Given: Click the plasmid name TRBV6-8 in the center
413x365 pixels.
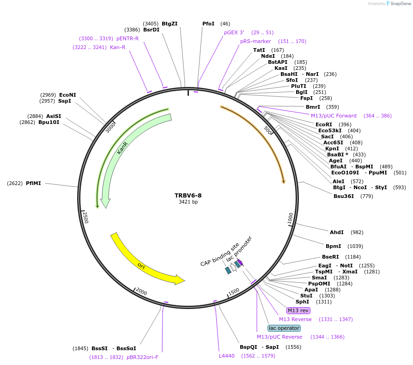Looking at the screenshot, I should [188, 195].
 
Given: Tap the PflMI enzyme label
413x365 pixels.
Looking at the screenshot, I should [33, 183].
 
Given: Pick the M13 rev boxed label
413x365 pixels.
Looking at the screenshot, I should [298, 310].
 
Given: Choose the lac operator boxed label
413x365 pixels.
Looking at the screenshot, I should [284, 328].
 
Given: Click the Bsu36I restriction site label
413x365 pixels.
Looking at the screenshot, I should [344, 196].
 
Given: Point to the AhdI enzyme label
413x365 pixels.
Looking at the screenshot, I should [336, 232].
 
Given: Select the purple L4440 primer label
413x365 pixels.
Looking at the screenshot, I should [227, 356].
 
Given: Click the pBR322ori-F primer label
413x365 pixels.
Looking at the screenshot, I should [142, 357].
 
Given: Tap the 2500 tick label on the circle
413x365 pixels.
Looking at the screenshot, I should [85, 217].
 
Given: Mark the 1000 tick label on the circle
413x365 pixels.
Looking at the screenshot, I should [290, 219].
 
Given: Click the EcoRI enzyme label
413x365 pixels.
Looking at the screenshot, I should [324, 124].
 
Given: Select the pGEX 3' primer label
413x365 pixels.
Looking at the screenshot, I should [234, 32].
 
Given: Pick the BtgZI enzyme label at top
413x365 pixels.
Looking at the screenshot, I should [170, 24].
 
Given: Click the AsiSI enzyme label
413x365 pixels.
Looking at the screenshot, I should [54, 116].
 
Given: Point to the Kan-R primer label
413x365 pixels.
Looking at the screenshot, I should [117, 47].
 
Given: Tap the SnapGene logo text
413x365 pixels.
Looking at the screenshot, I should [400, 4].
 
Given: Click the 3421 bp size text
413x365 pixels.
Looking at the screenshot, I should [188, 202].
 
